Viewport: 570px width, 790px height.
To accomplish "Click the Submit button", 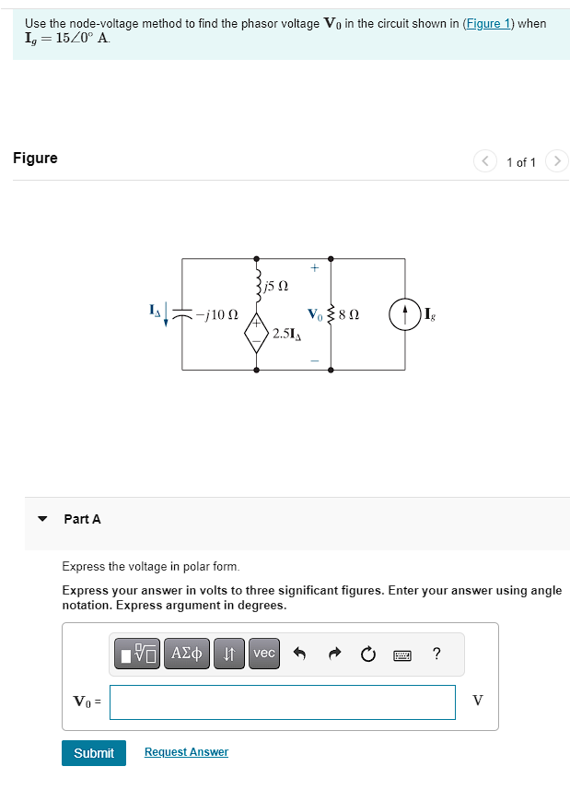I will pos(93,753).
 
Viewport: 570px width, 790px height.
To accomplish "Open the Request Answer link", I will pos(186,752).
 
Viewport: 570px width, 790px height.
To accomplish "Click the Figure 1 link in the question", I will pos(488,23).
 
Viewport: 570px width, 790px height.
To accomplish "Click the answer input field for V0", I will pos(282,702).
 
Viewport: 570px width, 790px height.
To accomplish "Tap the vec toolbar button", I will pos(264,654).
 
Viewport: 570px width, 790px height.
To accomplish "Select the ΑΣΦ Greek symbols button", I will pos(189,654).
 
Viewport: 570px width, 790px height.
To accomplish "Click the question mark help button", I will pos(436,654).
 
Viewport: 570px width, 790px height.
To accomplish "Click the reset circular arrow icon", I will pos(368,654).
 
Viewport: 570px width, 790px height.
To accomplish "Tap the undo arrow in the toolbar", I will pos(299,654).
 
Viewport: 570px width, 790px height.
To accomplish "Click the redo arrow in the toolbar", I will pos(333,654).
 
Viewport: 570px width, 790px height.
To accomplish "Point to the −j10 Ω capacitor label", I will pos(218,315).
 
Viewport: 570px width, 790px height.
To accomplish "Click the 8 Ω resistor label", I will pos(348,315).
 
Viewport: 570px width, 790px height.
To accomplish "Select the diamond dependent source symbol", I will pos(256,332).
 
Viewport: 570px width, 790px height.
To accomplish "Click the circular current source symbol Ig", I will pos(404,314).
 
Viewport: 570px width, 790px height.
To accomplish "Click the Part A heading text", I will pos(82,519).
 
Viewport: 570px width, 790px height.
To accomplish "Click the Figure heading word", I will pos(35,158).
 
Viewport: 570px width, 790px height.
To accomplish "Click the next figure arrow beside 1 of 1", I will pos(555,162).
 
